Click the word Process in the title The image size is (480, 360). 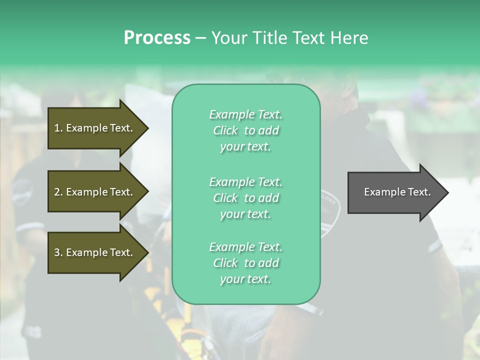(x=157, y=38)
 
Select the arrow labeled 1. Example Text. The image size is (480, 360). (x=93, y=128)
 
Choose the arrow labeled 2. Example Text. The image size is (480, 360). (x=93, y=192)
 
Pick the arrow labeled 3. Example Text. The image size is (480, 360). (x=93, y=252)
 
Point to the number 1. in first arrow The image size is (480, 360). (x=58, y=128)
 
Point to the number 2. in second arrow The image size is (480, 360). (x=58, y=192)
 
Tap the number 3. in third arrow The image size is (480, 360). (x=58, y=252)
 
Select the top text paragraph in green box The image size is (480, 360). (x=245, y=130)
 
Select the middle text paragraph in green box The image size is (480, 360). (x=245, y=198)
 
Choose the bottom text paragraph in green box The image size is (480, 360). (x=245, y=263)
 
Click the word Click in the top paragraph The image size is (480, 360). (x=225, y=130)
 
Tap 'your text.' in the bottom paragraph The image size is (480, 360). (x=245, y=279)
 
